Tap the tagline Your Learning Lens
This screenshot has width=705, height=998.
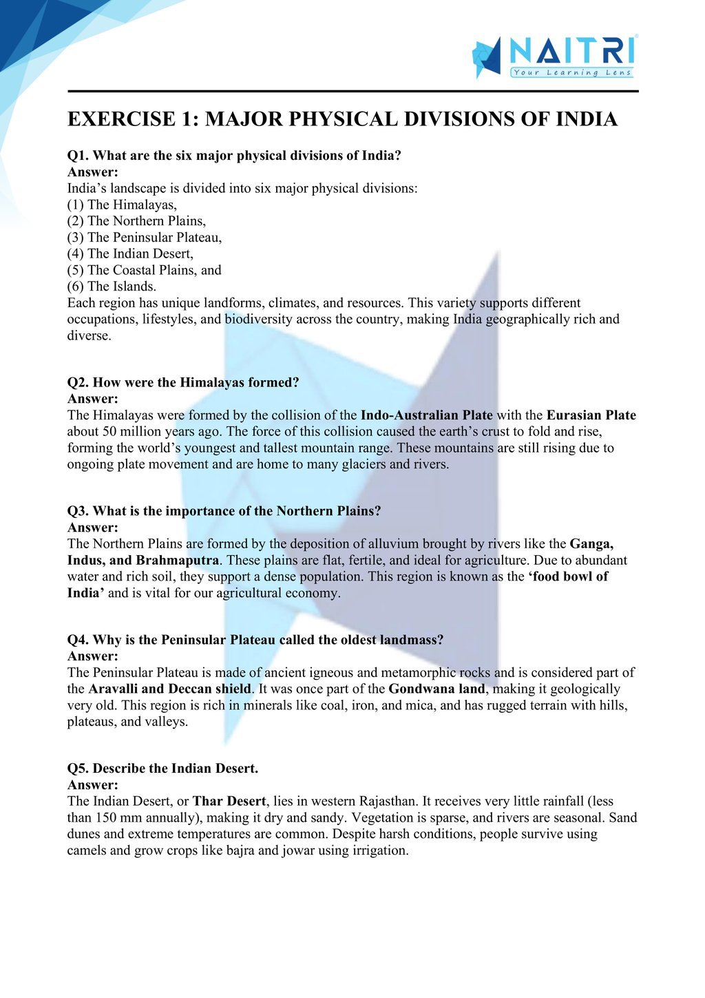point(571,72)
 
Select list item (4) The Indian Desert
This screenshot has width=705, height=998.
point(130,253)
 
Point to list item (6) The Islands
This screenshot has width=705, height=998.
point(112,287)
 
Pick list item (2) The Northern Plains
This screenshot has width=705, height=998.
point(136,221)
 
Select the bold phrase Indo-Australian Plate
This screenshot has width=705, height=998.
point(426,415)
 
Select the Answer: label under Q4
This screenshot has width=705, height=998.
point(92,656)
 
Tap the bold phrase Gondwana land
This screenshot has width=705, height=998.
point(436,689)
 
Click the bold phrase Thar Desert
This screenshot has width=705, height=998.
point(229,801)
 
